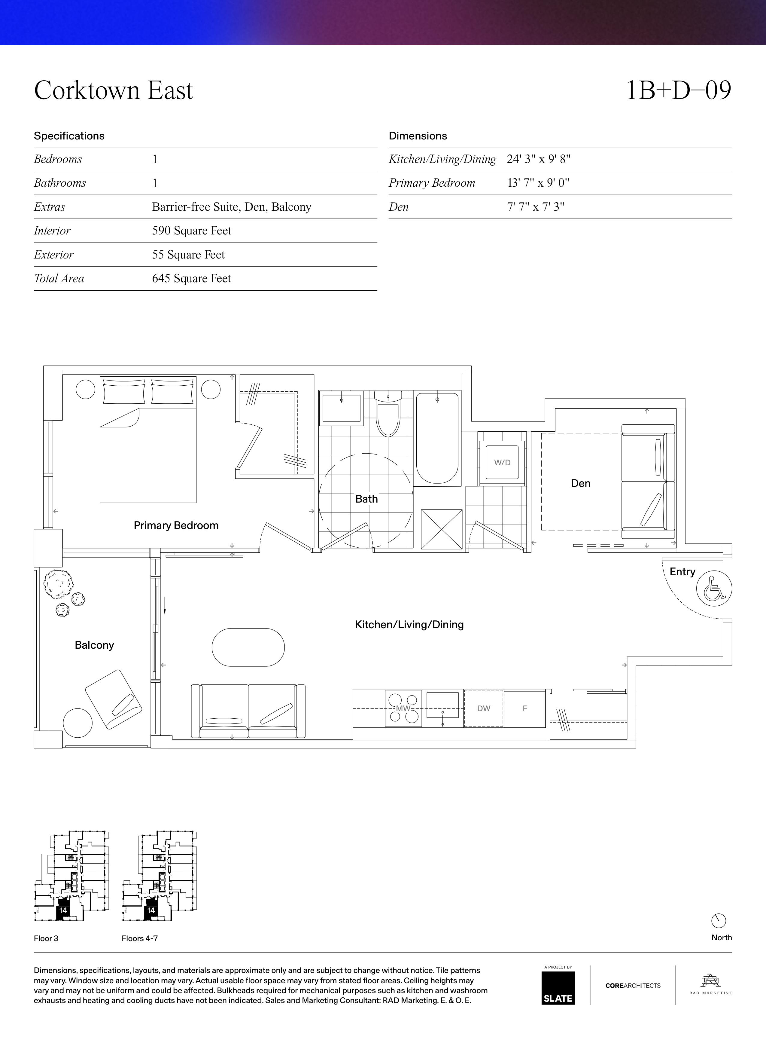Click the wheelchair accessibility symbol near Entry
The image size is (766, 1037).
point(714,588)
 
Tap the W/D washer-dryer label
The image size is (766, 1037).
point(502,463)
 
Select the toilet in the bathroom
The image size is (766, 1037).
point(388,414)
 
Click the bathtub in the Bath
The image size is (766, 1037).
point(437,439)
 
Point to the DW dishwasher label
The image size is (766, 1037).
point(484,708)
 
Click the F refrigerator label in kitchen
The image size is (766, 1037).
point(525,708)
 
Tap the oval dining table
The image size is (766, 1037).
point(248,647)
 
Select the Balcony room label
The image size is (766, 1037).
point(94,645)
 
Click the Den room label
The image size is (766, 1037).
point(581,483)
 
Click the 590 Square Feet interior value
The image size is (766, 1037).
point(192,231)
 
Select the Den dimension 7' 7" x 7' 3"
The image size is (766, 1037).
point(536,207)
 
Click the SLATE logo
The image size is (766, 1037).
point(558,988)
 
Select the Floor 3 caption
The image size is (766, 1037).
point(46,938)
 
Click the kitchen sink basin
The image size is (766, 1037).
point(442,705)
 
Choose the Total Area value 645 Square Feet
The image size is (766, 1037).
point(192,278)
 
